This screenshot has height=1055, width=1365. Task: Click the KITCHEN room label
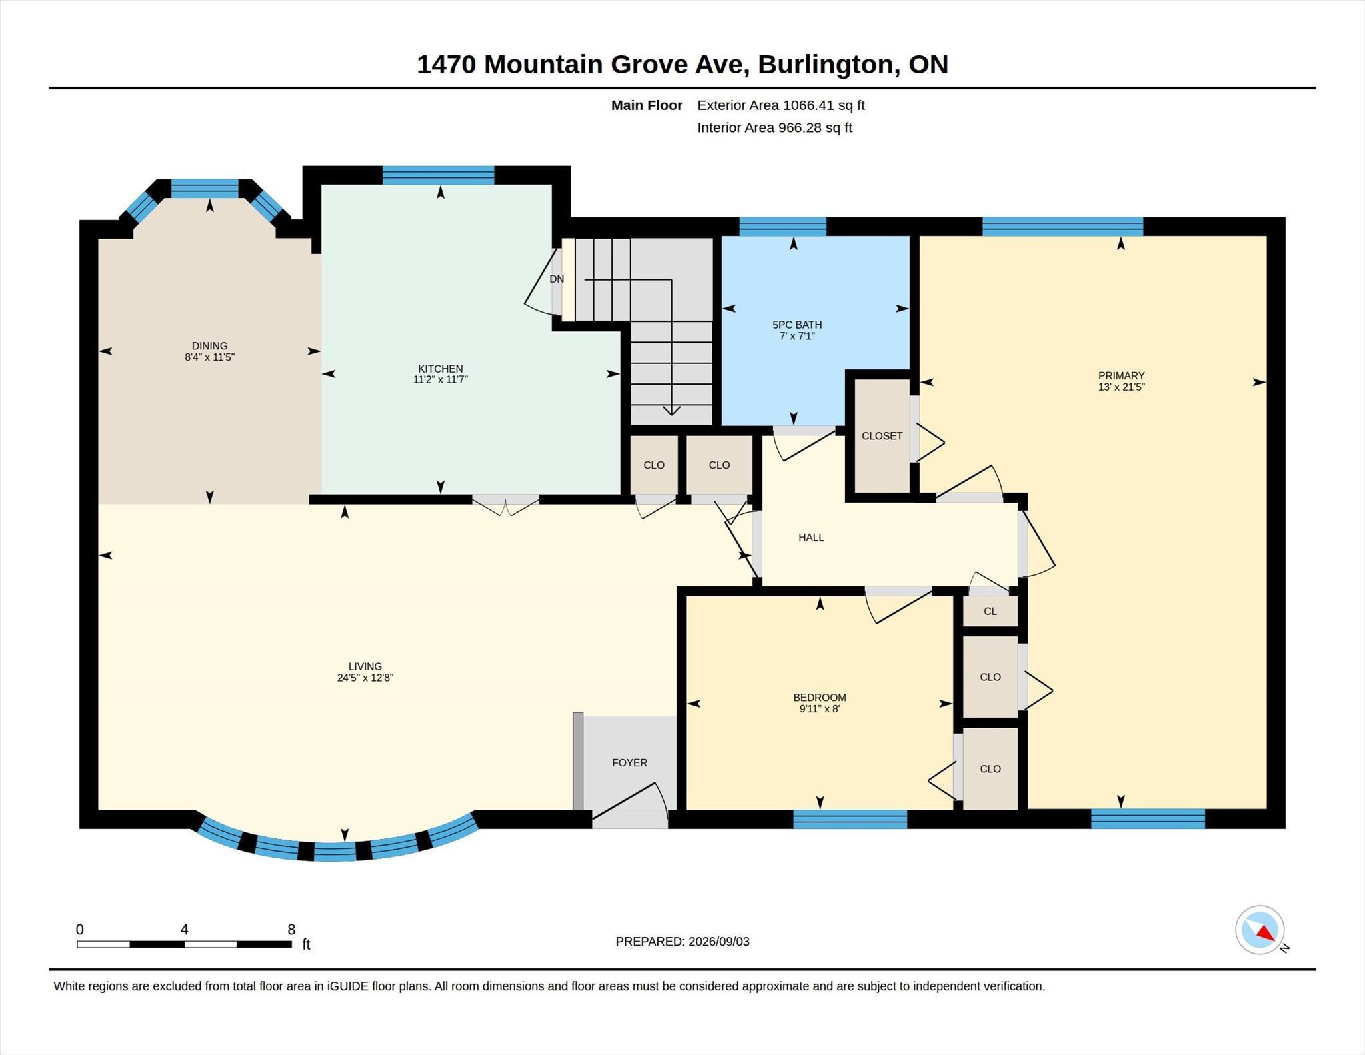tap(440, 369)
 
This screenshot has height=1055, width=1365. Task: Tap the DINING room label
tap(209, 345)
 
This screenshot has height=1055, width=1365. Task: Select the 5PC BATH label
tap(797, 325)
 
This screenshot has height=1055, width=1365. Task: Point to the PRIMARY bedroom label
tap(1121, 375)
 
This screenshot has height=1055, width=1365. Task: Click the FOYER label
tap(629, 762)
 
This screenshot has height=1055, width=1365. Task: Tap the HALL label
tap(811, 537)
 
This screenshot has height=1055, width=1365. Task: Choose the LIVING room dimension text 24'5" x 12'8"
tap(365, 678)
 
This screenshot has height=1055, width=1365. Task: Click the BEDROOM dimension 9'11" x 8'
tap(820, 709)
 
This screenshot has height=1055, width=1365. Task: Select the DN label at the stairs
tap(557, 279)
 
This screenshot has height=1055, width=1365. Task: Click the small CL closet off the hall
tap(990, 611)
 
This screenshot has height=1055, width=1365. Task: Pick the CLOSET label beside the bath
tap(882, 435)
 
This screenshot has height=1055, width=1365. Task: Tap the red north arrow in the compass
tap(1266, 933)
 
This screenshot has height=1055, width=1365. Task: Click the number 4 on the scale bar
tap(184, 929)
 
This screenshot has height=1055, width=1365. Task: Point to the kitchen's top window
tap(439, 175)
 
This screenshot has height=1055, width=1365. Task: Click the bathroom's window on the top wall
tap(782, 227)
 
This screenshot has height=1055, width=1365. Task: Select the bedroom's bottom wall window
tap(850, 819)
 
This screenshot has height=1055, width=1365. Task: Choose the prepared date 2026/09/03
tap(719, 942)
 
